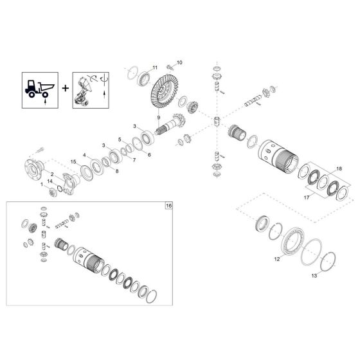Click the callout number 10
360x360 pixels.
pyautogui.click(x=180, y=62)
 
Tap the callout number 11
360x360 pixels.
pyautogui.click(x=154, y=67)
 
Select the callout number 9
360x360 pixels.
pyautogui.click(x=158, y=116)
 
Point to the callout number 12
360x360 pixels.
pyautogui.click(x=277, y=260)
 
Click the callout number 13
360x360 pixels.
pyautogui.click(x=314, y=275)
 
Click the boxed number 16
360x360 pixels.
pyautogui.click(x=169, y=206)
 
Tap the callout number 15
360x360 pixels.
pyautogui.click(x=73, y=161)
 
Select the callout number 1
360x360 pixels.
pyautogui.click(x=42, y=184)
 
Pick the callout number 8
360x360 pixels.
pyautogui.click(x=117, y=172)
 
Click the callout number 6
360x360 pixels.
pyautogui.click(x=149, y=155)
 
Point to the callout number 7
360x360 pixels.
pyautogui.click(x=134, y=160)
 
